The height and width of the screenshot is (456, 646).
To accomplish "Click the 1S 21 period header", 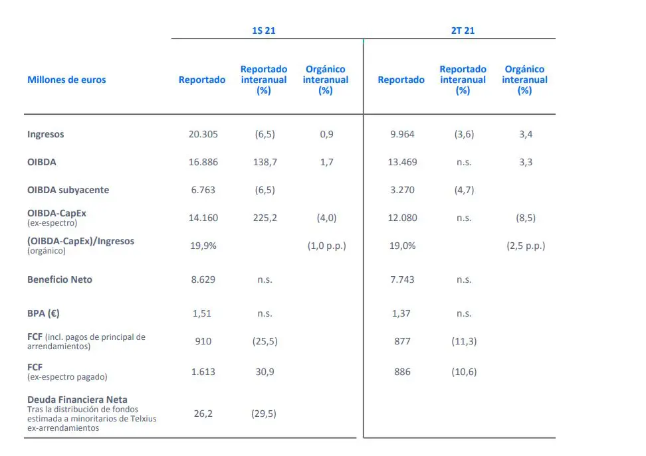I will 264,31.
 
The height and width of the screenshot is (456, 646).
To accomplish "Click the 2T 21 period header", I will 463,31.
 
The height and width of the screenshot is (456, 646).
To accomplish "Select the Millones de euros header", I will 66,80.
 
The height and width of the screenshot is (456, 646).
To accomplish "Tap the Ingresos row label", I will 46,134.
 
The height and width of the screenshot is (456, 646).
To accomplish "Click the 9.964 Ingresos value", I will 401,134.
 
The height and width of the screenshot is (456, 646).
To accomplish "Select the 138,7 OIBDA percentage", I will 265,162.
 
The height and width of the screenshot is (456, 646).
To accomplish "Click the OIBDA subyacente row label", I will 68,190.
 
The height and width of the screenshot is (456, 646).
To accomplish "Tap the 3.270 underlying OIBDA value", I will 401,190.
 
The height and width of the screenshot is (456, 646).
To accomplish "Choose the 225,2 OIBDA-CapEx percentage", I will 265,218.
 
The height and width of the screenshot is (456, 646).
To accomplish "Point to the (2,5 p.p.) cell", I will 525,246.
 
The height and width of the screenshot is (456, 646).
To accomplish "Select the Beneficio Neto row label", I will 60,279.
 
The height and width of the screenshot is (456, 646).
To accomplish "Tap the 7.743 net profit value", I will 401,279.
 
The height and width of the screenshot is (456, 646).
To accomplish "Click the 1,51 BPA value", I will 202,313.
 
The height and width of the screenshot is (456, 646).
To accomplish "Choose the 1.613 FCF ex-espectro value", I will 203,372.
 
